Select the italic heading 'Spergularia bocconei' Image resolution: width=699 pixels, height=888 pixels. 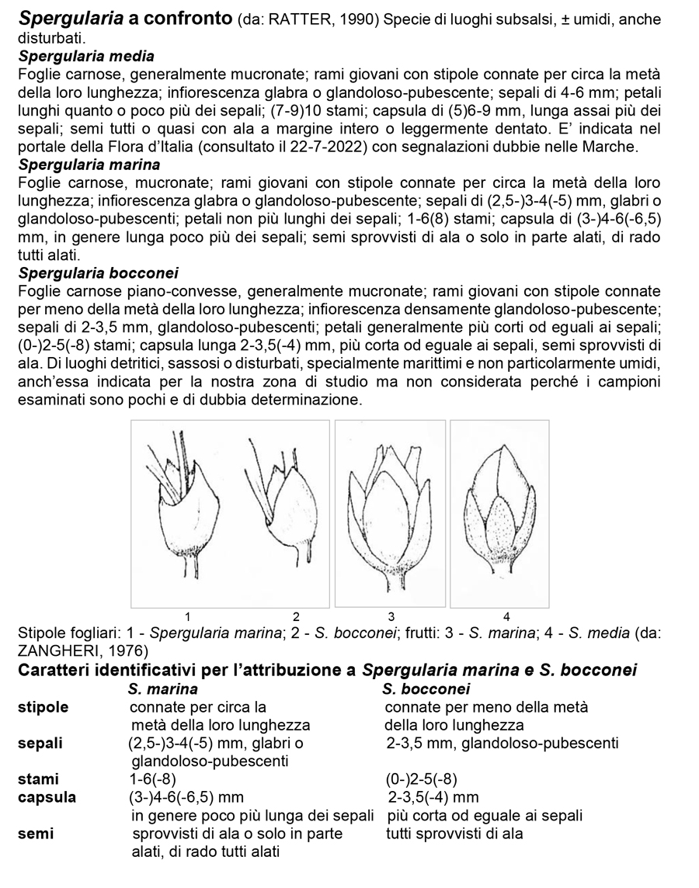pyautogui.click(x=99, y=272)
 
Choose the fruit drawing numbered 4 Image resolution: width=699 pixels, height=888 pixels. pyautogui.click(x=499, y=512)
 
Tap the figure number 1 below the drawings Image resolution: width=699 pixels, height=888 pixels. pyautogui.click(x=187, y=617)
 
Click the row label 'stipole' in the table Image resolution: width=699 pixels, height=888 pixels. pyautogui.click(x=43, y=707)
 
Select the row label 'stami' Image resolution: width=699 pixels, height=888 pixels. pyautogui.click(x=38, y=779)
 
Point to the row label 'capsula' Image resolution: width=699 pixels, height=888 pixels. pyautogui.click(x=47, y=797)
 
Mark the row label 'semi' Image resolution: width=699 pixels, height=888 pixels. pyautogui.click(x=36, y=834)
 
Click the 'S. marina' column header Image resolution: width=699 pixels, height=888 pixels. pyautogui.click(x=163, y=689)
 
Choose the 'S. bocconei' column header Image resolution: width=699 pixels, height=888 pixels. pyautogui.click(x=426, y=689)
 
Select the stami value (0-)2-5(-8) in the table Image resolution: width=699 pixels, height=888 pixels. pyautogui.click(x=422, y=779)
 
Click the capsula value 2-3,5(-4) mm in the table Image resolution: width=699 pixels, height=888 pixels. pyautogui.click(x=433, y=797)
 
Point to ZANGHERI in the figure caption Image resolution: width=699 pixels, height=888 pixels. pyautogui.click(x=59, y=650)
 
